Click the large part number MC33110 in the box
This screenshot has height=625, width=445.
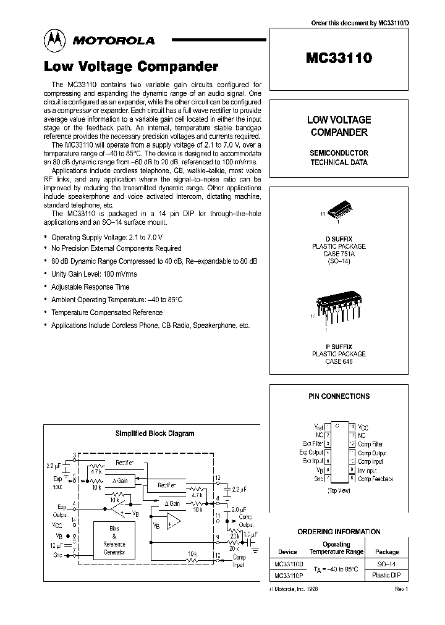coord(338,58)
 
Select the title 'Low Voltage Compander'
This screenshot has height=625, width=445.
coord(130,66)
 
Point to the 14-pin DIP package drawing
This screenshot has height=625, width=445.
coord(337,307)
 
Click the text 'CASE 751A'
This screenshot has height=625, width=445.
coord(338,254)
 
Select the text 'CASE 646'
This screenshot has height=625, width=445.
coord(338,361)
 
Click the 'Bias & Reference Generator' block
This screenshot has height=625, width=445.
coord(114,540)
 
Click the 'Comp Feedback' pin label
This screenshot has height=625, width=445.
coord(375,479)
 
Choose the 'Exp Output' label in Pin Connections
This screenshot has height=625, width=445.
coord(311,453)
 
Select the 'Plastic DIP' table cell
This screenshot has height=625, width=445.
coord(387,576)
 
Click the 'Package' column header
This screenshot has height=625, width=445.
coord(387,552)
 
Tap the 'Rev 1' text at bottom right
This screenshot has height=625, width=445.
coord(401,589)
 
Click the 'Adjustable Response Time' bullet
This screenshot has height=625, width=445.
coord(90,287)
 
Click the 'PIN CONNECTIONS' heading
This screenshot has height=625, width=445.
coord(339,396)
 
